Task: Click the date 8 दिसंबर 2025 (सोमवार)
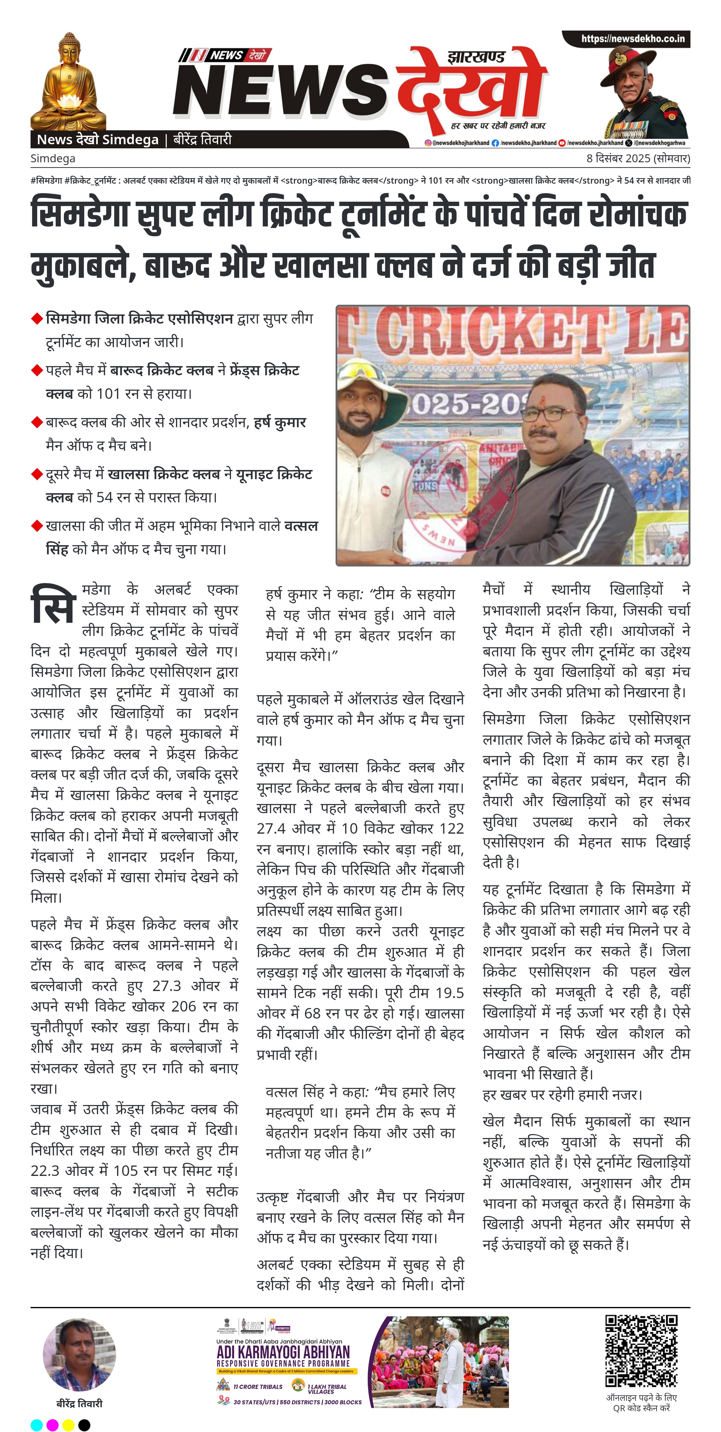(x=638, y=158)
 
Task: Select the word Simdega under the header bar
(x=53, y=158)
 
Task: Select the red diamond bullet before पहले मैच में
(x=37, y=370)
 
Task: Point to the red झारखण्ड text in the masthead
(x=476, y=57)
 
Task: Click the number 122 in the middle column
(x=452, y=828)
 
